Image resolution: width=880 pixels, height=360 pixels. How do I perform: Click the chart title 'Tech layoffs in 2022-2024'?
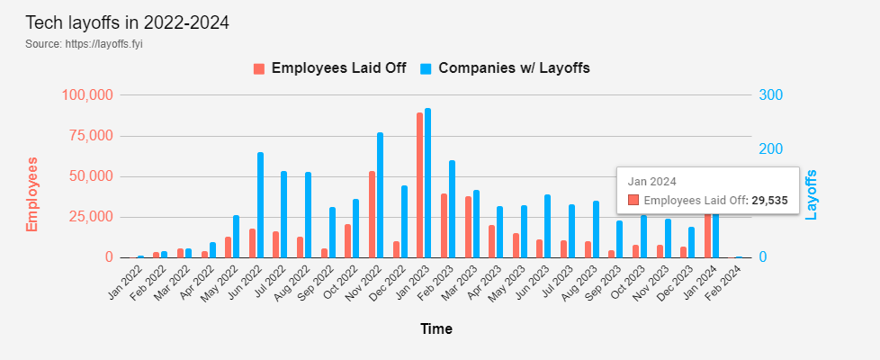pos(128,23)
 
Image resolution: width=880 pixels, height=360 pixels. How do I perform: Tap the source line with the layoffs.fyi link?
pos(84,44)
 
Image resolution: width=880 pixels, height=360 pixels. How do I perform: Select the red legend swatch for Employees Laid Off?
pos(259,68)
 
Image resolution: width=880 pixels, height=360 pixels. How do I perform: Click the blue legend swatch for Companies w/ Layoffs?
pos(426,68)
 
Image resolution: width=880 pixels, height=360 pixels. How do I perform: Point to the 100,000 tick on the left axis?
pos(87,94)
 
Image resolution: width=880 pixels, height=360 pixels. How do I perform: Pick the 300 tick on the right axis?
pos(770,94)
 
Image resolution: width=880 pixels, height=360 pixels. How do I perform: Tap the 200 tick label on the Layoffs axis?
pos(770,149)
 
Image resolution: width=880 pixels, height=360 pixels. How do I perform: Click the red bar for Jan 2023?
pos(420,185)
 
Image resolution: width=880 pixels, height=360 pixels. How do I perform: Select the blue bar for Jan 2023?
pos(428,183)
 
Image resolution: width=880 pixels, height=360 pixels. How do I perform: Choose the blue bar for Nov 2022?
pos(380,195)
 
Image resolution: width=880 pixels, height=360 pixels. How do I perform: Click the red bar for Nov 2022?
pos(373,214)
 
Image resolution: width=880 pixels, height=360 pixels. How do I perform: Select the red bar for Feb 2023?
pos(444,226)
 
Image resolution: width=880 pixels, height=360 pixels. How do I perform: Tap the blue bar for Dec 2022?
pos(404,221)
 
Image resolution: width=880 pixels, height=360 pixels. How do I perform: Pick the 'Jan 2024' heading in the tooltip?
pos(651,182)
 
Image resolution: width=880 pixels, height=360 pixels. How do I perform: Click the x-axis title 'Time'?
pos(436,329)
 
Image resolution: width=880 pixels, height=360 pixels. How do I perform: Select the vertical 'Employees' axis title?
pos(31,194)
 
